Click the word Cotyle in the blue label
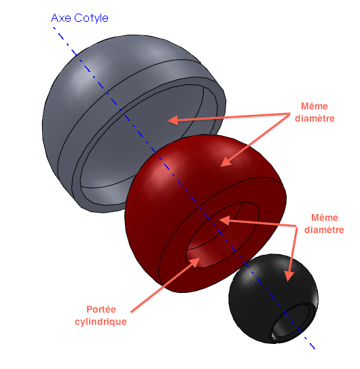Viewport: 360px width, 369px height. pyautogui.click(x=91, y=18)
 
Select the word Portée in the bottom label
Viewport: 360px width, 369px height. pyautogui.click(x=101, y=309)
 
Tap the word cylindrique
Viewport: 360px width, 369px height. pyautogui.click(x=101, y=321)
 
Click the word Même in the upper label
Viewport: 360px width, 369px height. pyautogui.click(x=314, y=107)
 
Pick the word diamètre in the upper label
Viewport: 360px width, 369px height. pyautogui.click(x=314, y=118)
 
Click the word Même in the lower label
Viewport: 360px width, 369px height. pyautogui.click(x=325, y=217)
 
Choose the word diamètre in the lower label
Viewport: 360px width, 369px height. pyautogui.click(x=324, y=230)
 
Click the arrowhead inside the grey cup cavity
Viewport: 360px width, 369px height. pyautogui.click(x=173, y=120)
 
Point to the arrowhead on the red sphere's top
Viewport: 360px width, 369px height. pyautogui.click(x=226, y=162)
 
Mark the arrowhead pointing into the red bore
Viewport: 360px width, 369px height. pyautogui.click(x=224, y=220)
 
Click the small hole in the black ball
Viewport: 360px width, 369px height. pyautogui.click(x=293, y=322)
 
